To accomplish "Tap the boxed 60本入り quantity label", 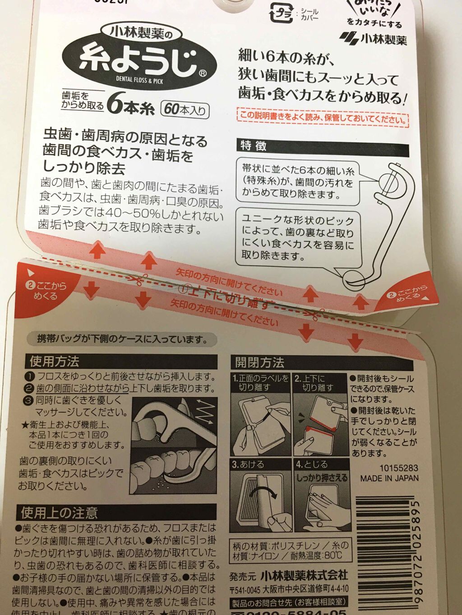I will [x=185, y=109].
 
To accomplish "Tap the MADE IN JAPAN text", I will [x=389, y=478].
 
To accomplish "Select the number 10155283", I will [x=398, y=468].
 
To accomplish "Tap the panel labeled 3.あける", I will [x=260, y=496].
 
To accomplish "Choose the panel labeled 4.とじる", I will [x=322, y=496].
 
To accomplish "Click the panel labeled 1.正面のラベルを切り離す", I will [x=260, y=415].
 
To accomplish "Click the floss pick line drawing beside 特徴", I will [x=383, y=225].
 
